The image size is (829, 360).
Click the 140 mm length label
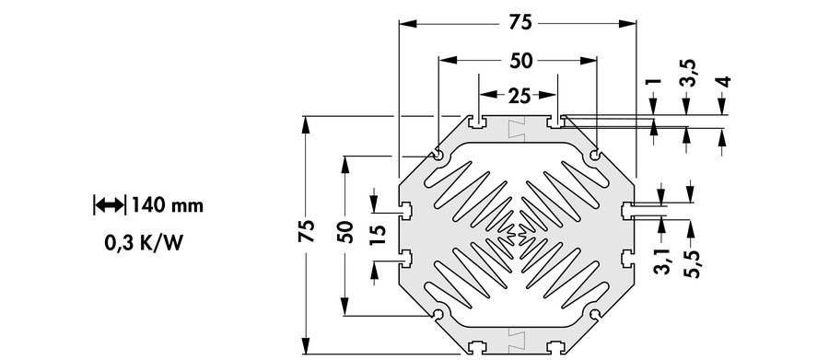click(167, 204)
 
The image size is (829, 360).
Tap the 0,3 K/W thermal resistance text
click(144, 243)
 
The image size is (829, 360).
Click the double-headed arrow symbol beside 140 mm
click(110, 204)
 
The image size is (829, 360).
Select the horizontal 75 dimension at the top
click(520, 23)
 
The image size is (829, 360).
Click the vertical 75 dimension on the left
click(306, 231)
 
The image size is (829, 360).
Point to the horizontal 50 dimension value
click(521, 61)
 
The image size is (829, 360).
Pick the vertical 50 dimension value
click(345, 231)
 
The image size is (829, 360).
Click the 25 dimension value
click(520, 96)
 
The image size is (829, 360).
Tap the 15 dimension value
click(378, 233)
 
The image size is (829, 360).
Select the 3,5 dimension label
click(688, 74)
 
